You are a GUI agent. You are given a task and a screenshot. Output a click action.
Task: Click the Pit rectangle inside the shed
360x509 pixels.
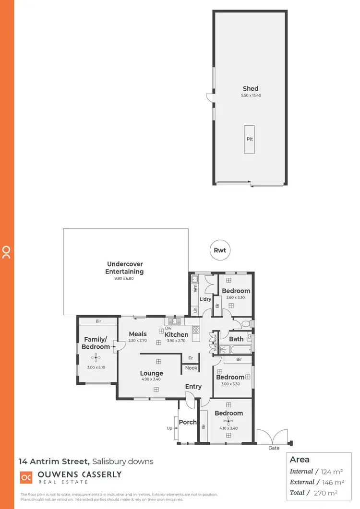(x=249, y=139)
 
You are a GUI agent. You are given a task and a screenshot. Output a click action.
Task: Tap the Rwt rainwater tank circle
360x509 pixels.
(x=220, y=250)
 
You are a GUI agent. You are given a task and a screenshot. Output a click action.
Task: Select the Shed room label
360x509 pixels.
(x=251, y=89)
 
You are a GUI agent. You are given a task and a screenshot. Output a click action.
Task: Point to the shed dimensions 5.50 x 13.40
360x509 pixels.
(x=251, y=95)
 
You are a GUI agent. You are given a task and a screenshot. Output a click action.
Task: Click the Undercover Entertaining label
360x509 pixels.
(x=125, y=268)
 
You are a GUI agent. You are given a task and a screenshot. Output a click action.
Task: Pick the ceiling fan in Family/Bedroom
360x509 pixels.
(x=96, y=356)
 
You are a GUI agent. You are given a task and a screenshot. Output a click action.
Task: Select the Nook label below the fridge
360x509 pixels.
(x=191, y=368)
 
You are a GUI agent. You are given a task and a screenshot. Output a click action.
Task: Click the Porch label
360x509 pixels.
(x=188, y=422)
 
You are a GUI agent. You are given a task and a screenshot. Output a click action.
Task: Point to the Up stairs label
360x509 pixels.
(x=169, y=428)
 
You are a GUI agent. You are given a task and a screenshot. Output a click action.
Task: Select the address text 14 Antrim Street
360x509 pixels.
(x=54, y=462)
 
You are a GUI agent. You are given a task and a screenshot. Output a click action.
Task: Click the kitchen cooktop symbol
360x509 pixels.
(x=196, y=330)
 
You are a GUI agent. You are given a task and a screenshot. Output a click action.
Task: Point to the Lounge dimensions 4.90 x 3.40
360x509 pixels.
(x=152, y=379)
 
